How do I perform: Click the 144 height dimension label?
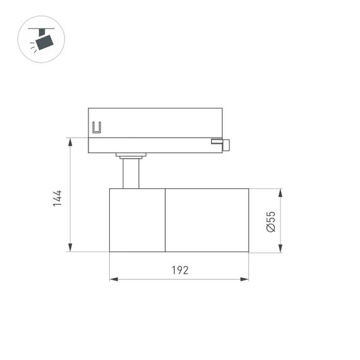(57, 198)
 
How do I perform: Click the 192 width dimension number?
(180, 270)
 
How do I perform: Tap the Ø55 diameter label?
(270, 220)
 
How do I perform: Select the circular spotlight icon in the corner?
(41, 39)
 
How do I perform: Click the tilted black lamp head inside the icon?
(44, 42)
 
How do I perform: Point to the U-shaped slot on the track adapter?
(97, 128)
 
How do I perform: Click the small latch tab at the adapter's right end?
(224, 144)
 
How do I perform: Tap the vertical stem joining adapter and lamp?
(131, 174)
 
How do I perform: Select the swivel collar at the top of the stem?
(131, 155)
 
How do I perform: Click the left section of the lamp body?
(137, 220)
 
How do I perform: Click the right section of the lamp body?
(207, 220)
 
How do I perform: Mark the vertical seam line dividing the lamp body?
(165, 220)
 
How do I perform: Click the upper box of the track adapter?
(155, 122)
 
